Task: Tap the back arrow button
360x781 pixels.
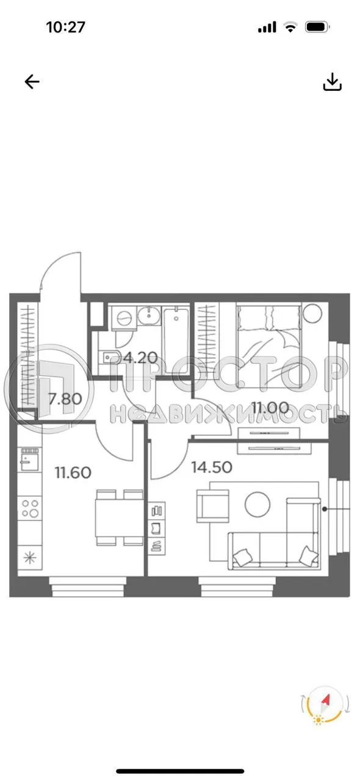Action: coord(32,82)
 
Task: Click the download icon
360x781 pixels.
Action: coord(332,82)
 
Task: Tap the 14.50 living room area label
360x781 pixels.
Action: coord(211,467)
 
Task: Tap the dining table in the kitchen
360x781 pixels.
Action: coord(118,518)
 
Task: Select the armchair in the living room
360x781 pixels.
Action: coord(211,508)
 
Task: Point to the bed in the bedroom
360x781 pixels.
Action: coord(268,342)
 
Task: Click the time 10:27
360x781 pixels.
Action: coord(65,27)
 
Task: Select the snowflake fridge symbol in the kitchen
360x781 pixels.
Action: coord(28,556)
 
